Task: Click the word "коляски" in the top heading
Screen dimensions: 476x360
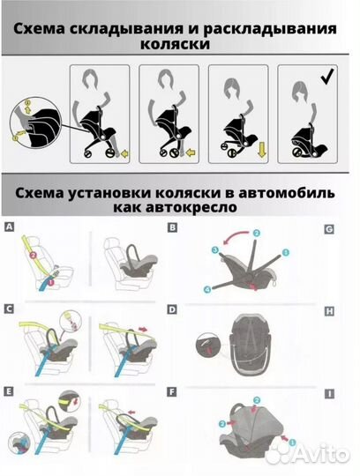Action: [180, 44]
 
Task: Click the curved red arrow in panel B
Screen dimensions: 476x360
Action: [231, 240]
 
